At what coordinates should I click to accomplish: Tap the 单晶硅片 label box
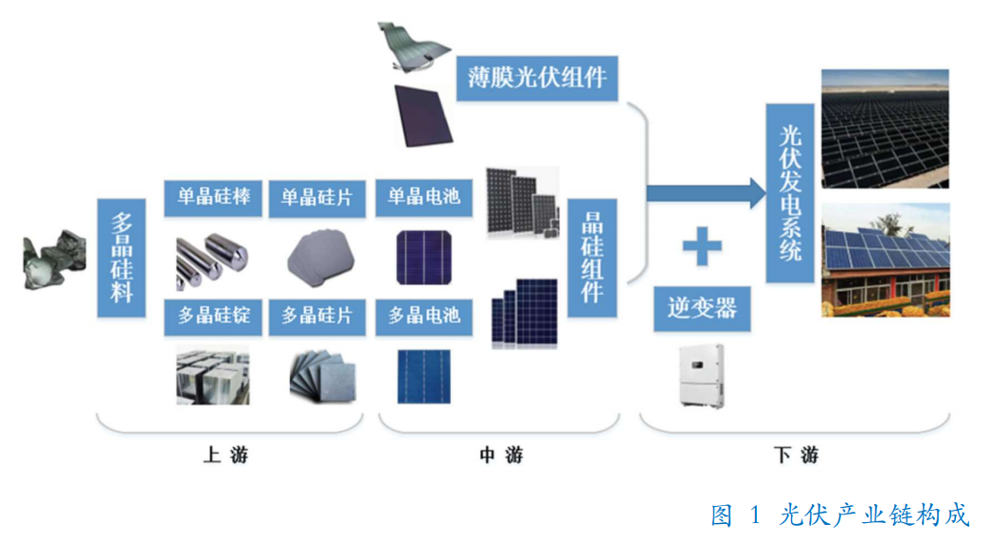[316, 196]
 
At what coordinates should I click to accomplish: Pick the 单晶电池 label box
[423, 196]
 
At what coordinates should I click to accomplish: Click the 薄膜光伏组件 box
[537, 77]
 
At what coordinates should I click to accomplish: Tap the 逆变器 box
[702, 309]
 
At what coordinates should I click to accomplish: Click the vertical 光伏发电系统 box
[789, 193]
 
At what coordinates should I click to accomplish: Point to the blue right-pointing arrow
[706, 192]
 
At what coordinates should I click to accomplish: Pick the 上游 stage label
[225, 456]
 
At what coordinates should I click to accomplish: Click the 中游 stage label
[501, 456]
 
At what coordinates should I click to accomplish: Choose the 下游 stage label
[796, 456]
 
